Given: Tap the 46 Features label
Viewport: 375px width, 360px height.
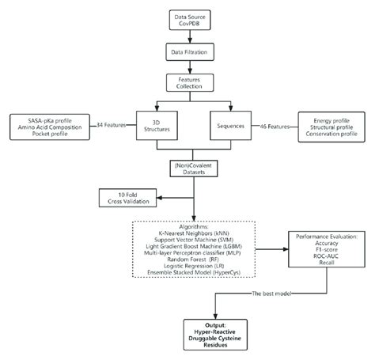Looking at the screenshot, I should coord(274,123).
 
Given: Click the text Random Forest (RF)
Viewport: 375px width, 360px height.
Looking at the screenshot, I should coord(187,258).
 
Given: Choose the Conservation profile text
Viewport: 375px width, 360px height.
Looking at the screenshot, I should coord(325,133).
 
